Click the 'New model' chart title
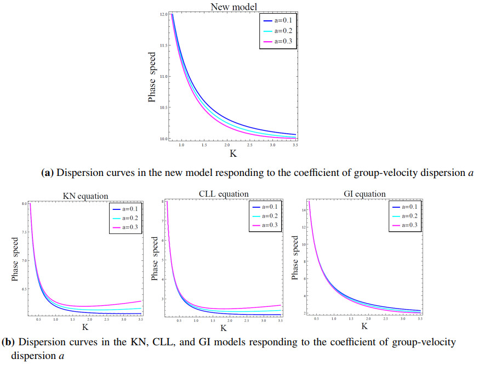click(x=233, y=6)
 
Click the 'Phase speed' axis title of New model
click(x=154, y=77)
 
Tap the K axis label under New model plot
click(x=233, y=155)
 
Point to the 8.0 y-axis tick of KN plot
click(x=24, y=204)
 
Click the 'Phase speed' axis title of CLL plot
click(x=155, y=259)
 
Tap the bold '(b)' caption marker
click(x=8, y=343)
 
